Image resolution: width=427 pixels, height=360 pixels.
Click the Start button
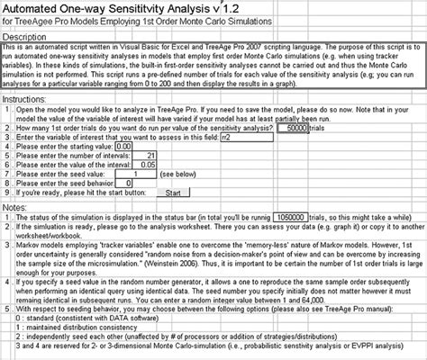[x=174, y=192]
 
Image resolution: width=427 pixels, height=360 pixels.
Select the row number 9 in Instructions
[x=6, y=192]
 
